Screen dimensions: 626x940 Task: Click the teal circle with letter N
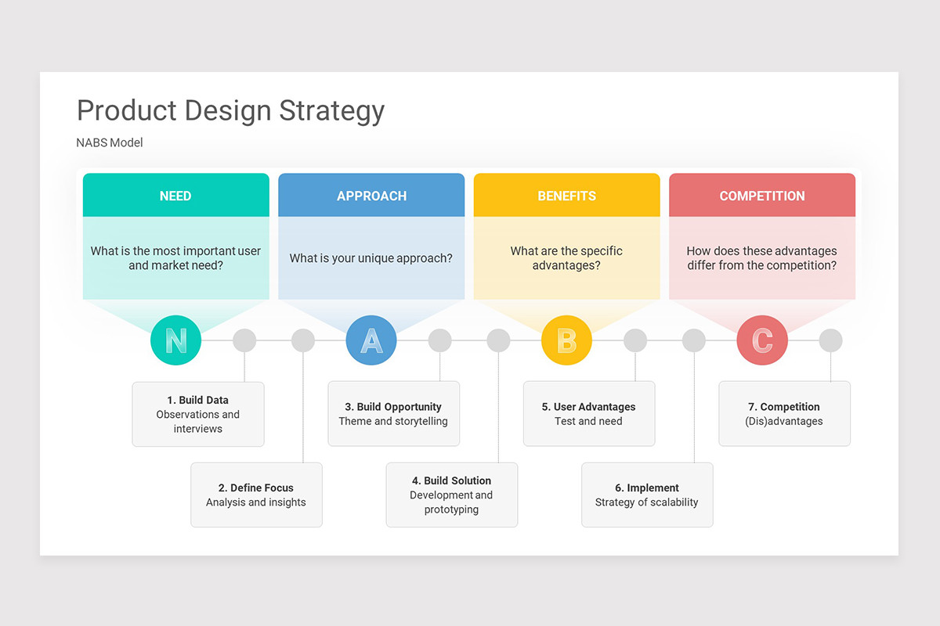tap(175, 340)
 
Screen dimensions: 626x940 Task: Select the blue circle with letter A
tap(371, 340)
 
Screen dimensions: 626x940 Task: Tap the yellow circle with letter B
tap(566, 340)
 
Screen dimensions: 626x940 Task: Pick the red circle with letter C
tap(762, 340)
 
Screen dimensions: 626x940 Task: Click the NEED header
tap(175, 196)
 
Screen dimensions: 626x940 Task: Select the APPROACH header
tap(371, 196)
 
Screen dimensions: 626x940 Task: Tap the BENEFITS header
tap(566, 196)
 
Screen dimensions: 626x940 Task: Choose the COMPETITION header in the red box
tap(762, 196)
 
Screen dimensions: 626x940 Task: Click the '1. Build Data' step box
tap(198, 414)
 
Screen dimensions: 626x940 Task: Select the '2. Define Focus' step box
tap(256, 495)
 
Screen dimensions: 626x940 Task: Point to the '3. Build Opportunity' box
tap(393, 414)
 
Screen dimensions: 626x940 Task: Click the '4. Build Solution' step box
tap(451, 495)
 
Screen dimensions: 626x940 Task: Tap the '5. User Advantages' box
tap(588, 414)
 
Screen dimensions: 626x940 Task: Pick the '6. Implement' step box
tap(647, 495)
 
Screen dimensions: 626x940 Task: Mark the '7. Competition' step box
tap(784, 414)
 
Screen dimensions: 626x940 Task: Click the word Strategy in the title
tap(332, 111)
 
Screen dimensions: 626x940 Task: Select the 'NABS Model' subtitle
tap(110, 142)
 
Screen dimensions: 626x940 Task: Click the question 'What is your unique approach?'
tap(371, 258)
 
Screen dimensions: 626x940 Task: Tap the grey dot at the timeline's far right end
tap(830, 340)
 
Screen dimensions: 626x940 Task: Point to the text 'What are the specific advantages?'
tap(566, 258)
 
